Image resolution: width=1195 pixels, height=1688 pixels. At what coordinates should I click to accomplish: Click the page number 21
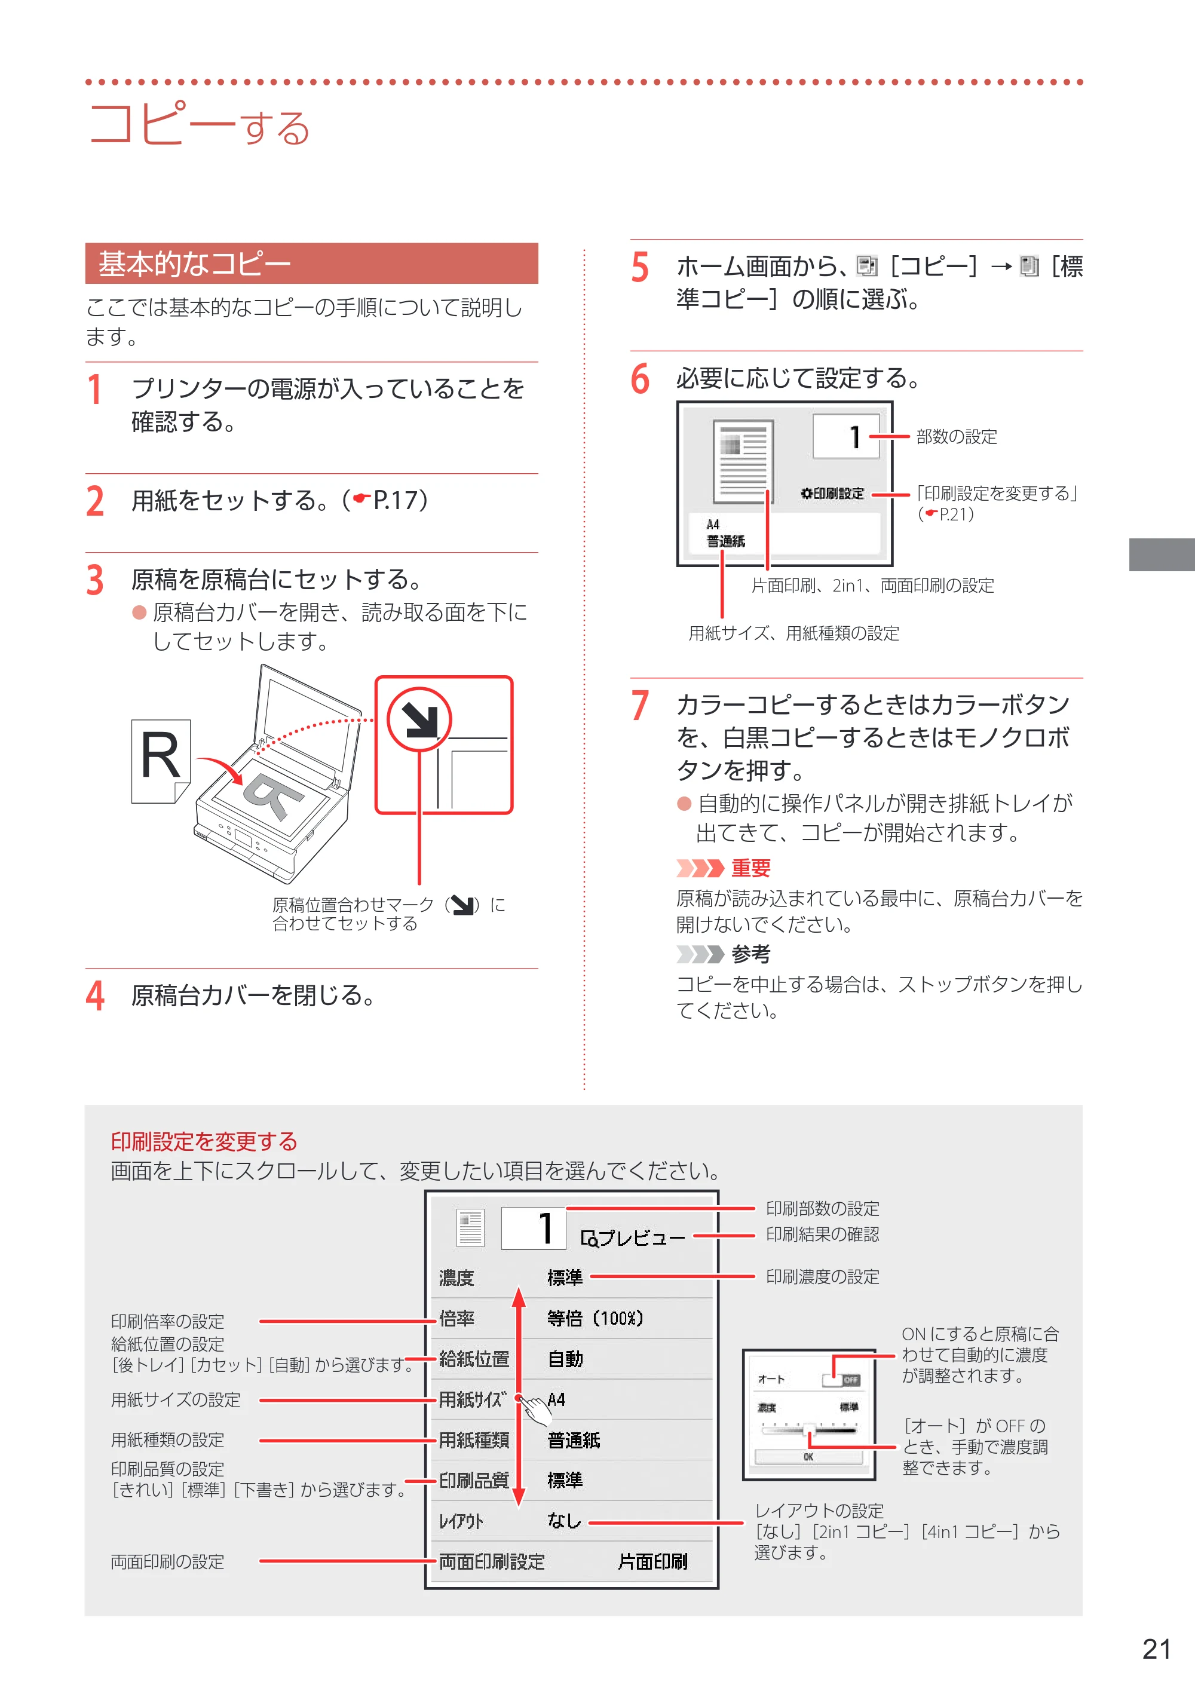point(1156,1649)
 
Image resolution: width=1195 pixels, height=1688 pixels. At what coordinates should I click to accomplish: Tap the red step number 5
point(639,267)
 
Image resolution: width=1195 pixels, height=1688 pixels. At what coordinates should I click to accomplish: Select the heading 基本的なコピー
point(195,264)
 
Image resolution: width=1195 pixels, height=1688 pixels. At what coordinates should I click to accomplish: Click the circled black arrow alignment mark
point(419,719)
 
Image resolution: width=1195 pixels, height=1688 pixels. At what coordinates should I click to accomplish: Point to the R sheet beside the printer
point(160,761)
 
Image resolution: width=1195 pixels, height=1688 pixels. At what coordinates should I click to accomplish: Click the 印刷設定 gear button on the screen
point(832,493)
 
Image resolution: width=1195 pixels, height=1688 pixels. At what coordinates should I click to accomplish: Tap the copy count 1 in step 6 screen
point(854,436)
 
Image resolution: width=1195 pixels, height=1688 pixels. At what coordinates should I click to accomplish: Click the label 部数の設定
point(957,436)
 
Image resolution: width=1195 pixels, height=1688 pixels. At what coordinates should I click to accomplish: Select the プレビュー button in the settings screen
point(633,1239)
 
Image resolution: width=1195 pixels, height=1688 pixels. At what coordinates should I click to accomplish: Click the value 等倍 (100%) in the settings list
point(595,1319)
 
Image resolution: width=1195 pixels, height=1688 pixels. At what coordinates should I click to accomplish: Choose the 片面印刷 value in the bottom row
point(652,1561)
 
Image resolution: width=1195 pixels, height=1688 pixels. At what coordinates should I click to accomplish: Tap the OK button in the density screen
point(808,1457)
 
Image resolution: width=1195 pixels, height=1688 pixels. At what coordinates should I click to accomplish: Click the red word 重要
point(750,868)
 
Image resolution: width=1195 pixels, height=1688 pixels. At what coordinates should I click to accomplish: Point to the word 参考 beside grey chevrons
point(750,954)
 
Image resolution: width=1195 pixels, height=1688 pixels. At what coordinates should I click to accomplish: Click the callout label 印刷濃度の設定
point(823,1277)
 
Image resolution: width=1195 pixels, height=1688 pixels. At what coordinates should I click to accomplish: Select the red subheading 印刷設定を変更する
point(204,1141)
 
